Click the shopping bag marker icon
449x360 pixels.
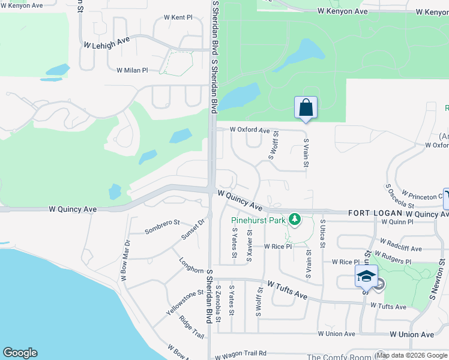point(306,108)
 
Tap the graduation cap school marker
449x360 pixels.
point(366,276)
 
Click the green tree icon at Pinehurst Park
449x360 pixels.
point(295,220)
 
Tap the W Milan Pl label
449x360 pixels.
point(132,70)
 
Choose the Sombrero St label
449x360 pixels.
point(162,227)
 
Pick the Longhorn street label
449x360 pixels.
point(191,267)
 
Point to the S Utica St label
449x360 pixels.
point(322,234)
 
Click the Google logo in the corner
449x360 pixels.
point(20,353)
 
